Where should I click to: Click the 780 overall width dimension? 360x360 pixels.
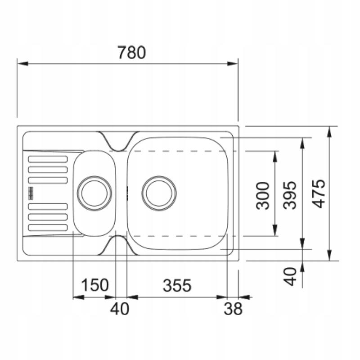[131, 53]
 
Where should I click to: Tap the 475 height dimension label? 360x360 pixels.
[319, 194]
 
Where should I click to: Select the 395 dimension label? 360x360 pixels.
[290, 195]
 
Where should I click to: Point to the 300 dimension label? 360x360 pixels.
[263, 196]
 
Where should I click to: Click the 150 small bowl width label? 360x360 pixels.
[94, 285]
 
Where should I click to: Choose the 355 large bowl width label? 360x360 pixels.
[177, 285]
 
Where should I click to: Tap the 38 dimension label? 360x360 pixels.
[233, 309]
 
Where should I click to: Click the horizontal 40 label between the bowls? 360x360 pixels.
[120, 309]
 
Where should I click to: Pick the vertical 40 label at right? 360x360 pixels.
[290, 276]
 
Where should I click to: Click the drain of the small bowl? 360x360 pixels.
[94, 193]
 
